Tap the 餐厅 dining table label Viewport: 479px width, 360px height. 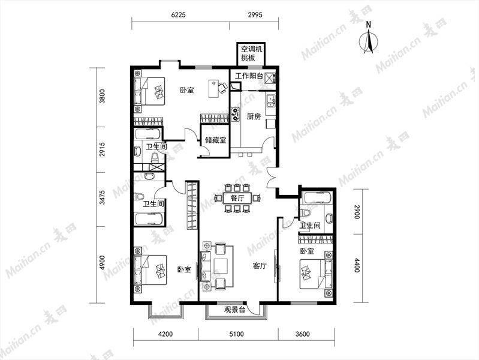(237, 198)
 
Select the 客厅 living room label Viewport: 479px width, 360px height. (260, 266)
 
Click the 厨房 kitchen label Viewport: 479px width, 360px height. (254, 116)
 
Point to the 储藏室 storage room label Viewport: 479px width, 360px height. (216, 140)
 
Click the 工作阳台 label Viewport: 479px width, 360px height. (249, 76)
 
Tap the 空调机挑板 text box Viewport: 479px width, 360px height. (251, 53)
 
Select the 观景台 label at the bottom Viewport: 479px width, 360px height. (234, 310)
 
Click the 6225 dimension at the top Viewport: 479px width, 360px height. (179, 14)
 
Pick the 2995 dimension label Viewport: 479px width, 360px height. (255, 14)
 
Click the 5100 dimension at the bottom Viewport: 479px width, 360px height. (236, 334)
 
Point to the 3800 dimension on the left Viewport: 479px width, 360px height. (103, 96)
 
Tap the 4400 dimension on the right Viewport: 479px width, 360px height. (357, 265)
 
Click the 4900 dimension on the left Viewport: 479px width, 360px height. (103, 263)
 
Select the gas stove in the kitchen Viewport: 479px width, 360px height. (235, 113)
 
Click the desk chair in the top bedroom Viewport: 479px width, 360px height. (222, 88)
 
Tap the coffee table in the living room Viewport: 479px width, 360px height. (220, 266)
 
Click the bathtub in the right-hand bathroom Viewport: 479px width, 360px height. (317, 198)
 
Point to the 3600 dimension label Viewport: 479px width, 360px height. (302, 334)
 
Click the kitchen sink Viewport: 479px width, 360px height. (270, 100)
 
